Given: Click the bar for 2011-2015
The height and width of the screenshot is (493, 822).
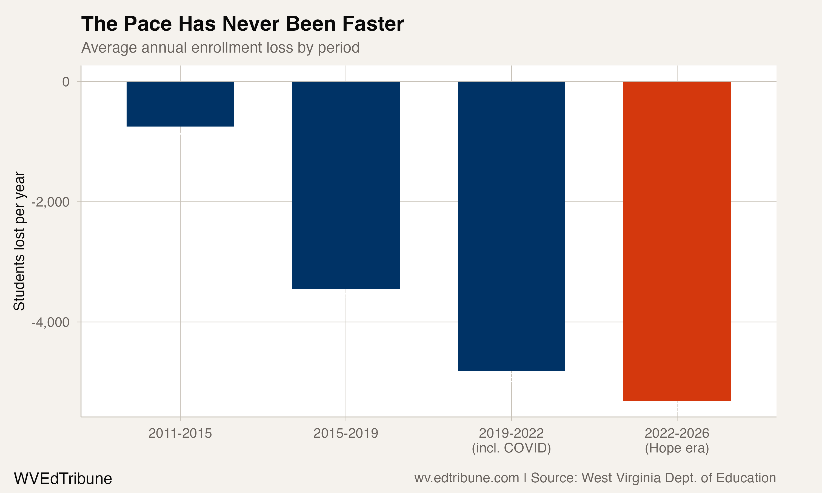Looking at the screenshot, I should pos(180,104).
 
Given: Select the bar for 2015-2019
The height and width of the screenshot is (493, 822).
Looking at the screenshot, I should pos(346,185).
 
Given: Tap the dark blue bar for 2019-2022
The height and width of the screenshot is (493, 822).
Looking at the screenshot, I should pos(511,226).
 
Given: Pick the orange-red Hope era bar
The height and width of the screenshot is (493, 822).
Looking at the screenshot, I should pos(677,241).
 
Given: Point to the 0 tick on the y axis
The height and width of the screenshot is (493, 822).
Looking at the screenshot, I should pos(66,82).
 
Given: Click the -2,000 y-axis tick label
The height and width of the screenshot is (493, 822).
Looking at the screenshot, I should pos(50,202).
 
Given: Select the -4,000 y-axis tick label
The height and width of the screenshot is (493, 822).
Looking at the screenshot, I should pos(50,322).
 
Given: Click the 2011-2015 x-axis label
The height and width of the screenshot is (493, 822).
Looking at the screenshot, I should pos(180,434).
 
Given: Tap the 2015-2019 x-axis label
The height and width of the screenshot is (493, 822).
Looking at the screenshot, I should pos(346,434).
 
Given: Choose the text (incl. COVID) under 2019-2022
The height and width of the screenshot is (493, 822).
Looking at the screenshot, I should pos(511,448).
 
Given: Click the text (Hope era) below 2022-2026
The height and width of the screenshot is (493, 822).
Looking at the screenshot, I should pos(677,448).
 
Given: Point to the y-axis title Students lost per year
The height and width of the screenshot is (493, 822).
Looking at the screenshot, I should pos(19,241).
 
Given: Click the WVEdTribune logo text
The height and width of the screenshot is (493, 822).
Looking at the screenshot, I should pos(63,479).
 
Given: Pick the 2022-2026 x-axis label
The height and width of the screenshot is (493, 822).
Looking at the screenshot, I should pos(677,434).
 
